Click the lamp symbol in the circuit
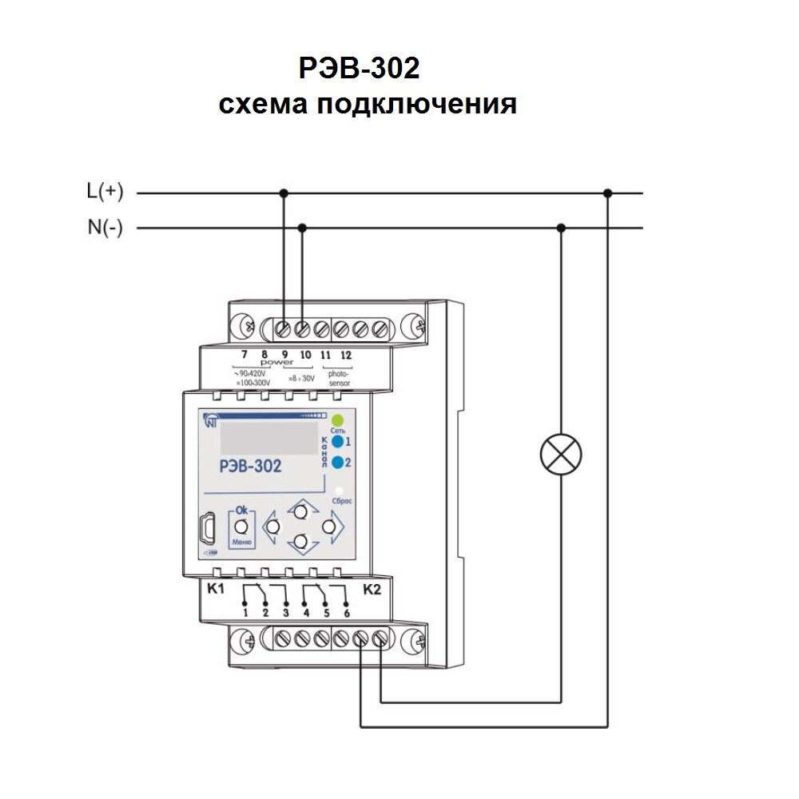click(561, 455)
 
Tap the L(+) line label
click(105, 192)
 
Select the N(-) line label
click(105, 228)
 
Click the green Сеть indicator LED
click(337, 420)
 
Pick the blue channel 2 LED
click(337, 462)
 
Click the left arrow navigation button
click(273, 527)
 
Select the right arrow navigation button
click(328, 527)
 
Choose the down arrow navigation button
click(301, 543)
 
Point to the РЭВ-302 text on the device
click(249, 467)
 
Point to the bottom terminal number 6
click(346, 613)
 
